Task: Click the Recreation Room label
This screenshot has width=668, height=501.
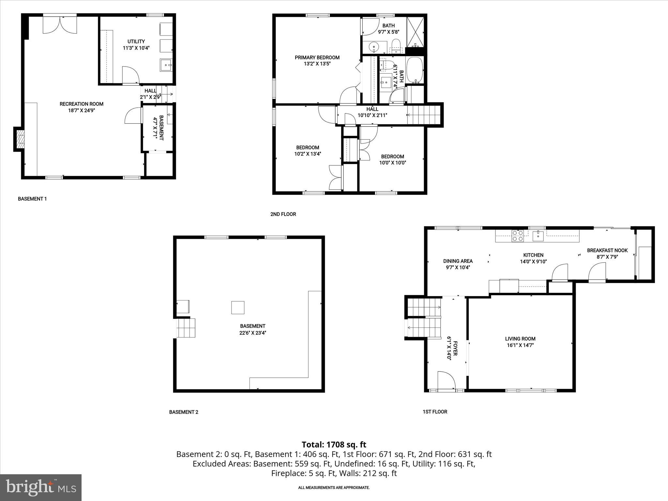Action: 81,104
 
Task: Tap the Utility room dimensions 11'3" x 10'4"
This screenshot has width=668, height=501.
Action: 136,48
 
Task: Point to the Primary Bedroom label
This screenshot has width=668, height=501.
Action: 317,57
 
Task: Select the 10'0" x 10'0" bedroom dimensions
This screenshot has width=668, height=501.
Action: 392,163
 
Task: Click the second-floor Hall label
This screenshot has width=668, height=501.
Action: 372,109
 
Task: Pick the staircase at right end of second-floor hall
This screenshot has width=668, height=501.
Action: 424,115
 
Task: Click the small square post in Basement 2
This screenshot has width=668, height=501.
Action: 237,307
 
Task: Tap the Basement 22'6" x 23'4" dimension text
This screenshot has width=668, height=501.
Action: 252,333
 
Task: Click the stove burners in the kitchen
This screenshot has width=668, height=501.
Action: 518,235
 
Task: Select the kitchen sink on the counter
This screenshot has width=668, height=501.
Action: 538,235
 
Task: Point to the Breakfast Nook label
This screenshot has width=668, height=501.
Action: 607,250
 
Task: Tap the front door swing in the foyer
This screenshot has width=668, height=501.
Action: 446,380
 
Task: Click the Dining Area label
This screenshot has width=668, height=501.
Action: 458,261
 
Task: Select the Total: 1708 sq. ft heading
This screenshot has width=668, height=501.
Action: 334,445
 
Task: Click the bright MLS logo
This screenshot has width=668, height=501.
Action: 41,487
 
